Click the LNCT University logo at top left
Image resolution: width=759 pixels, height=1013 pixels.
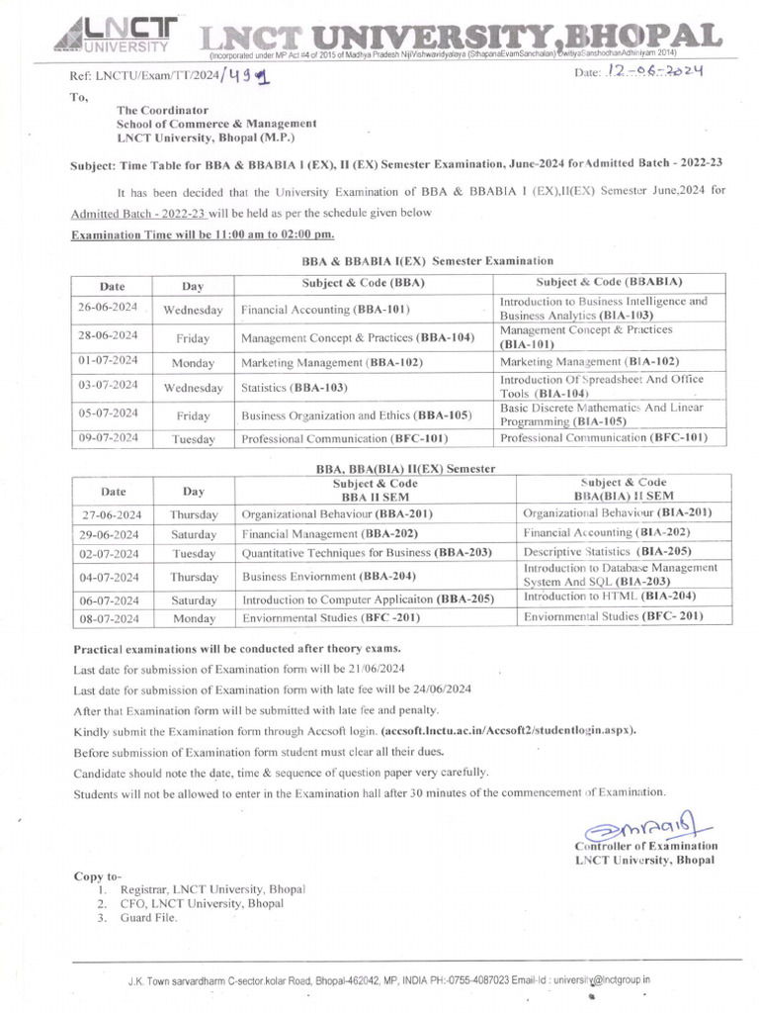[112, 34]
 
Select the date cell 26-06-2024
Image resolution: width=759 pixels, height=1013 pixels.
[109, 308]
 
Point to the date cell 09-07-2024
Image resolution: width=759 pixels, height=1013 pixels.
[109, 437]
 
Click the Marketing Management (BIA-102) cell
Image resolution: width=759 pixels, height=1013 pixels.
[589, 362]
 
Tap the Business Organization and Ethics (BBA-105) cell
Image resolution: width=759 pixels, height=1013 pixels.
[356, 415]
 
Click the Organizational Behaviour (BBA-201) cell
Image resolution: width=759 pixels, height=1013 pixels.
[337, 514]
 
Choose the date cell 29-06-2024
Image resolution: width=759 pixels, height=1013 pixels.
[110, 534]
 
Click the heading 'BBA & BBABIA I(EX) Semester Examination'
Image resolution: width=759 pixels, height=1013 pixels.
[427, 260]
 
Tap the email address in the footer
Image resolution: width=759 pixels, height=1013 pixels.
[601, 979]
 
